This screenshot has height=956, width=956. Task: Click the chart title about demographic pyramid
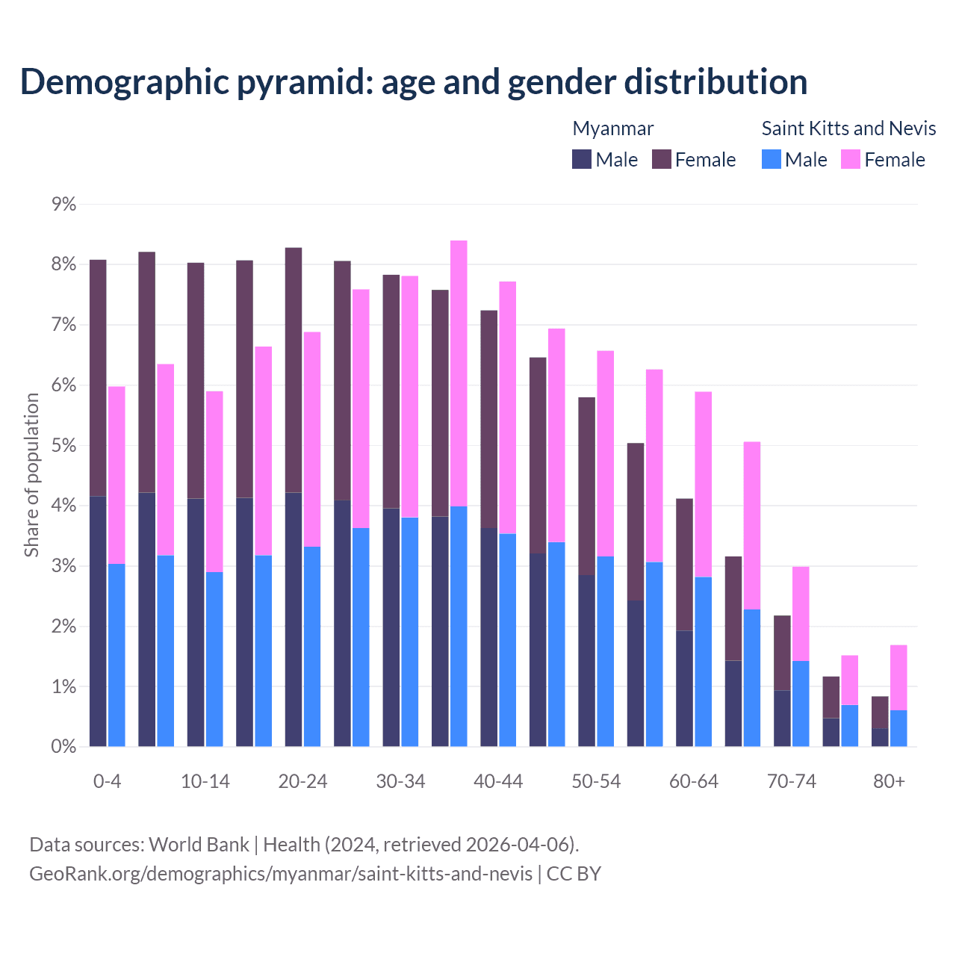(413, 81)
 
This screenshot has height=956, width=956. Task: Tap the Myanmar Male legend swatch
(582, 159)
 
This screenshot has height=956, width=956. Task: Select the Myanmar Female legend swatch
(662, 159)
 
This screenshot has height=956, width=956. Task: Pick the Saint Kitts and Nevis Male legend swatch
(772, 159)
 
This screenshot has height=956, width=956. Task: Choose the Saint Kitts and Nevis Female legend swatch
(851, 159)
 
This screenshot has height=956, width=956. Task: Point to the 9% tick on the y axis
(63, 204)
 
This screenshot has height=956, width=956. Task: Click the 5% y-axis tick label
(63, 445)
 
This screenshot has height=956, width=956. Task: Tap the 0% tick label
(63, 746)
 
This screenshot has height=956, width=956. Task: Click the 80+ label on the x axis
(889, 781)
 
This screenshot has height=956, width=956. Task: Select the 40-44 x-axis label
(498, 781)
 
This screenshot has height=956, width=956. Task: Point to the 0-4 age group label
(107, 781)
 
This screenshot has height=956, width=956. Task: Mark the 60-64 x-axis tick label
(694, 781)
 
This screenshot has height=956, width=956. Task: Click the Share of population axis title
(31, 475)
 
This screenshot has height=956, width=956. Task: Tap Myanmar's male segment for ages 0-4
(98, 621)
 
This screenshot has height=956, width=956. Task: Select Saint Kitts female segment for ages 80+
(898, 677)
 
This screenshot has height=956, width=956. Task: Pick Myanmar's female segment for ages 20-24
(294, 370)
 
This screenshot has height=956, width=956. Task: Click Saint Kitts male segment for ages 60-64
(703, 661)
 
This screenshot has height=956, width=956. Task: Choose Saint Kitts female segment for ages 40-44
(508, 407)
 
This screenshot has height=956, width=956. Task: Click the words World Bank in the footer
(199, 845)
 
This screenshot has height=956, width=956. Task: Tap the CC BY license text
(574, 873)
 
